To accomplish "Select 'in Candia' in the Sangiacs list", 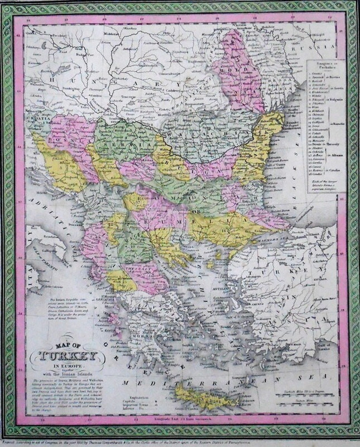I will pyautogui.click(x=333, y=170).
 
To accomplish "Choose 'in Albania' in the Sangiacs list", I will pyautogui.click(x=333, y=155).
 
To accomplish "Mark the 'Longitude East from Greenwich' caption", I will pyautogui.click(x=180, y=418).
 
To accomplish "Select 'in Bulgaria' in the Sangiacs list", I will pyautogui.click(x=333, y=99).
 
